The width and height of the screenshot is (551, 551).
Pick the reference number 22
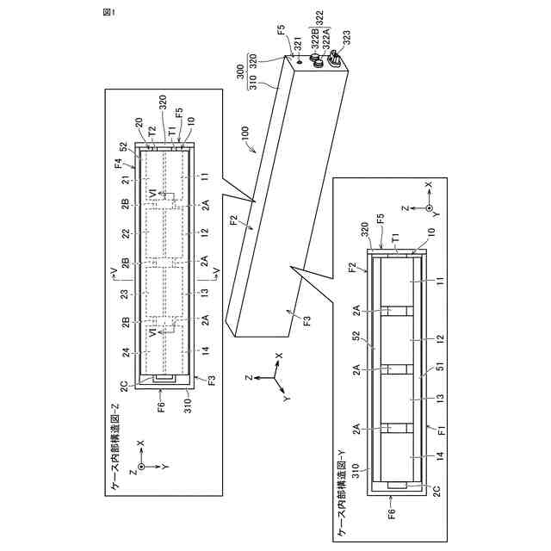point(126,234)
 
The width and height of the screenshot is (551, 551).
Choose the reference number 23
point(126,294)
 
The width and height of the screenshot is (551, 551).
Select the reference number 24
point(126,352)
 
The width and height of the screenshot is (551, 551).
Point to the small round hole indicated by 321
point(299,61)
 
